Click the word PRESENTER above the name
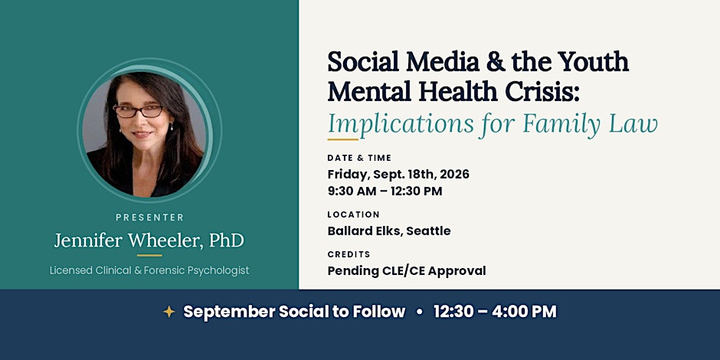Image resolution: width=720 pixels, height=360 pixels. click(x=149, y=218)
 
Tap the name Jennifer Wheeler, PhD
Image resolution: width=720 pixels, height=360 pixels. click(x=149, y=241)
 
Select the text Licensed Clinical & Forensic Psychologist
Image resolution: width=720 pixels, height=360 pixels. click(x=149, y=270)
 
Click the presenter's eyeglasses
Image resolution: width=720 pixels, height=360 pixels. click(x=138, y=110)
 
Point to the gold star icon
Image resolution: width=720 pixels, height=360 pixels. click(x=169, y=312)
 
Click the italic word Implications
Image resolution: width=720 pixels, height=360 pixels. click(x=401, y=124)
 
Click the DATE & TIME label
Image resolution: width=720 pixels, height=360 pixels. click(x=359, y=158)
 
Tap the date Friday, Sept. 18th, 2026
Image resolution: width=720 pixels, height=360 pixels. click(x=398, y=175)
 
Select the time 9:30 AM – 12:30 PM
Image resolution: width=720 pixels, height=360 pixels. click(x=385, y=191)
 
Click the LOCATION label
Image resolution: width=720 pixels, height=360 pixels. click(x=354, y=214)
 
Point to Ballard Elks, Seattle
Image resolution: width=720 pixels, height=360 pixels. click(x=389, y=231)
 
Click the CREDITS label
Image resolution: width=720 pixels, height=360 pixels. click(x=349, y=254)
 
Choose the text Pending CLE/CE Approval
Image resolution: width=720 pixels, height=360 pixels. click(x=407, y=271)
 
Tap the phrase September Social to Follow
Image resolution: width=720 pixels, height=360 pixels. click(x=294, y=312)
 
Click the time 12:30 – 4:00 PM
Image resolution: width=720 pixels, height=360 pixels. click(x=495, y=312)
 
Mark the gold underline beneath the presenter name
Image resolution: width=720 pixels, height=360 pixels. click(x=149, y=255)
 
